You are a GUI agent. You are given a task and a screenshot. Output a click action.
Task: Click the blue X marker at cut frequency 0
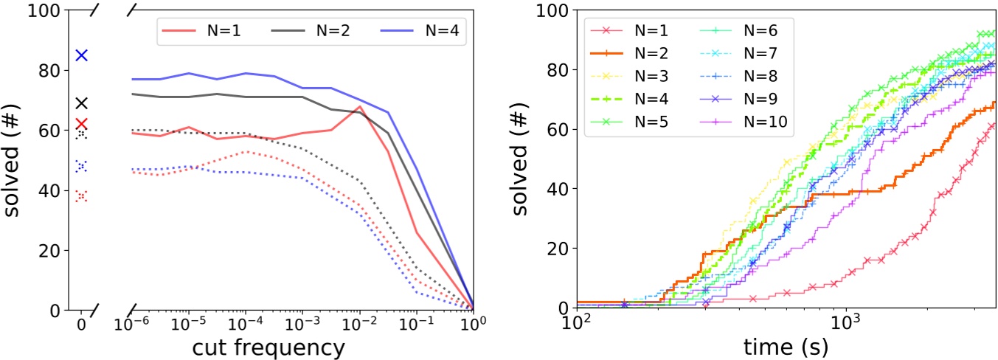point(82,55)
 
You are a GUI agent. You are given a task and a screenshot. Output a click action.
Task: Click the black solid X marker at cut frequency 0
point(82,103)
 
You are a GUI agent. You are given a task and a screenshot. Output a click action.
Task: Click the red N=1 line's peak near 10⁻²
point(359,107)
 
